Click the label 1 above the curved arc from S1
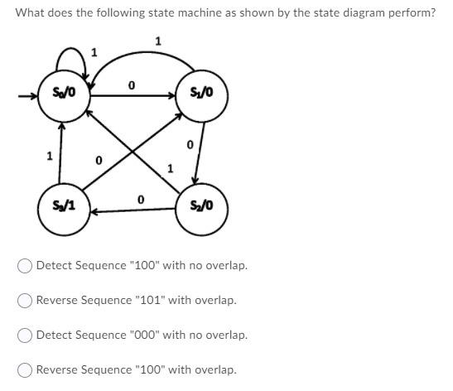(158, 41)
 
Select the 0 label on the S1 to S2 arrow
(190, 146)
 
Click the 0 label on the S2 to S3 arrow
(140, 200)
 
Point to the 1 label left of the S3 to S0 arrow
(49, 155)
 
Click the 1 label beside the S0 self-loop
(94, 52)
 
